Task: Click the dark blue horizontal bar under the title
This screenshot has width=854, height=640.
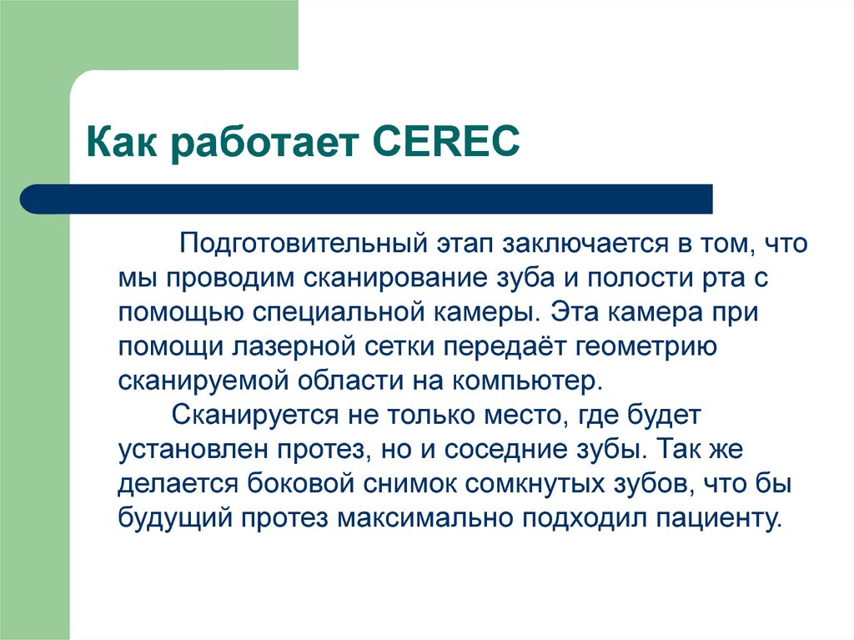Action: pyautogui.click(x=367, y=199)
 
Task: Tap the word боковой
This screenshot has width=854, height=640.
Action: pyautogui.click(x=290, y=483)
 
